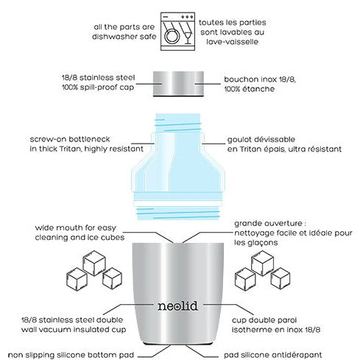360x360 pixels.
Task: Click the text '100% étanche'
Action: (x=251, y=88)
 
